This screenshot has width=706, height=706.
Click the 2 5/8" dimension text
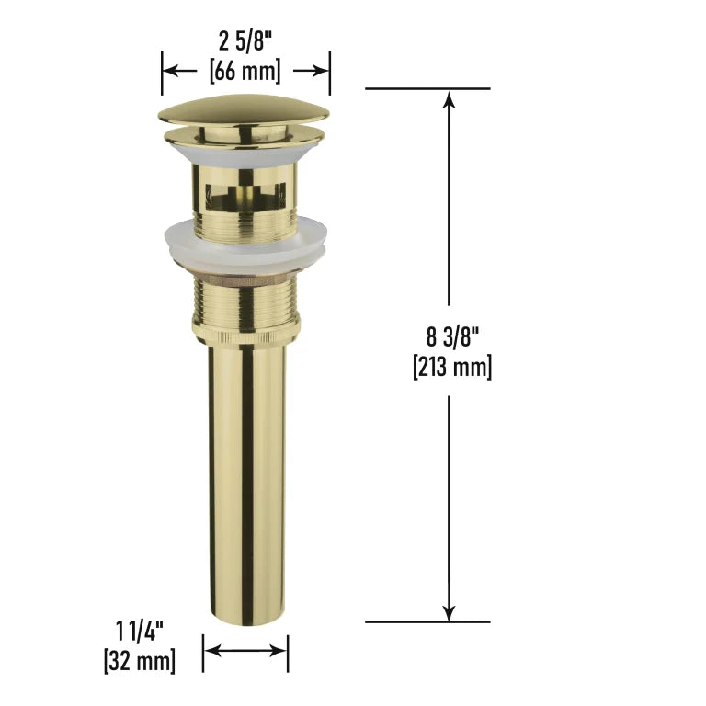(245, 42)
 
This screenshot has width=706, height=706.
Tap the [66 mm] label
(245, 71)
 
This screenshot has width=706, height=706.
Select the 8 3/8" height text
(452, 336)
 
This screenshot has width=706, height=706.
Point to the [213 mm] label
(452, 367)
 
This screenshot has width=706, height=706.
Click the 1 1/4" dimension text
(140, 631)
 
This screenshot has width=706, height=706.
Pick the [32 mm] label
(140, 661)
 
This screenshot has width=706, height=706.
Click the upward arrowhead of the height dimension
(449, 99)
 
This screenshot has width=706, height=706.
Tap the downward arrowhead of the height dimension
(449, 611)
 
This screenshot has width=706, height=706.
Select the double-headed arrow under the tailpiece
(245, 651)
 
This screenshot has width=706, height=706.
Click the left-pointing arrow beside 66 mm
(179, 71)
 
